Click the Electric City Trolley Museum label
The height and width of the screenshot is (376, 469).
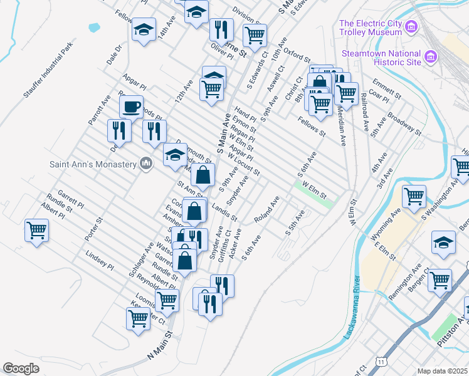pos(370,28)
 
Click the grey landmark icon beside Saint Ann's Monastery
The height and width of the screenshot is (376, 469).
pos(146,164)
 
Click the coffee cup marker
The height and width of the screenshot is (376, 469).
pos(131,107)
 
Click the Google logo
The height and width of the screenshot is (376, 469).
pos(21,368)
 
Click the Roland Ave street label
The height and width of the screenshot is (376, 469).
pos(266,210)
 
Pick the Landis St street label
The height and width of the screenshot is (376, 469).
pos(224,211)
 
